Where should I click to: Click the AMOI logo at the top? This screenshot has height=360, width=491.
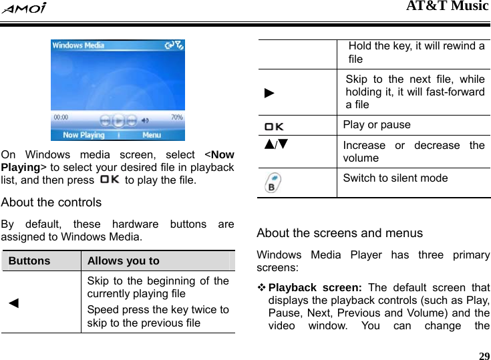pyautogui.click(x=23, y=8)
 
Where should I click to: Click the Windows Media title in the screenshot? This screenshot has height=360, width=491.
pyautogui.click(x=78, y=45)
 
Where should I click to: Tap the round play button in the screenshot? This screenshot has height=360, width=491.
pyautogui.click(x=118, y=121)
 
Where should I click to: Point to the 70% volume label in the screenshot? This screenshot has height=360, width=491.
pyautogui.click(x=177, y=117)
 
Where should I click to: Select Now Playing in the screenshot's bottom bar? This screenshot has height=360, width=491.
pyautogui.click(x=84, y=135)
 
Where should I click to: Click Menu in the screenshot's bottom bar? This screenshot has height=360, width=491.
pyautogui.click(x=152, y=135)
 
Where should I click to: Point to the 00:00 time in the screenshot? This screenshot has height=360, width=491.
pyautogui.click(x=60, y=117)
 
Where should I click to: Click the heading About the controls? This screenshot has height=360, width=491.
pyautogui.click(x=51, y=202)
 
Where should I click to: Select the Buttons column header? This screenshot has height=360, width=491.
pyautogui.click(x=29, y=260)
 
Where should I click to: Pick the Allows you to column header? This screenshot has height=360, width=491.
pyautogui.click(x=123, y=260)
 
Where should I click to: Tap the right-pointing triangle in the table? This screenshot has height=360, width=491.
pyautogui.click(x=269, y=91)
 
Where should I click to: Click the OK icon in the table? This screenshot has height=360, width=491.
pyautogui.click(x=273, y=126)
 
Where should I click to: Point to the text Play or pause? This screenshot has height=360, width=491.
pyautogui.click(x=377, y=125)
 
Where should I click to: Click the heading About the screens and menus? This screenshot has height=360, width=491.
pyautogui.click(x=339, y=233)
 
